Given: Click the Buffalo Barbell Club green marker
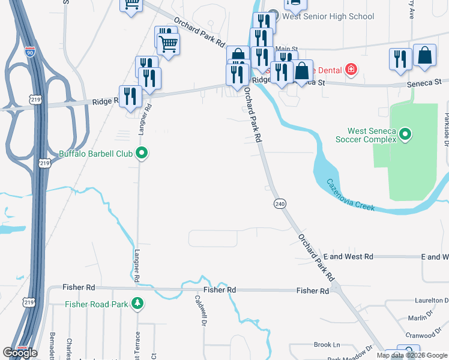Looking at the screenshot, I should coord(142,154).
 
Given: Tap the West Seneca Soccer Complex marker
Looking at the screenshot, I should coord(405,134).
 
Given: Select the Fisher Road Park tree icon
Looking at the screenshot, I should coord(138,304).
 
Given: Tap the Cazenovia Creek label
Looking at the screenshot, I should coord(350,195).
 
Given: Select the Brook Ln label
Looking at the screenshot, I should coord(327,345).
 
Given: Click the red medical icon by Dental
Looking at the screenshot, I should coord(351,70).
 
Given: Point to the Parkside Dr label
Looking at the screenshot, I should coord(447,129).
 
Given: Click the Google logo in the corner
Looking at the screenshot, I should coord(20,353).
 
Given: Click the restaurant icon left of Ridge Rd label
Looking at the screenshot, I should coord(130,97).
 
